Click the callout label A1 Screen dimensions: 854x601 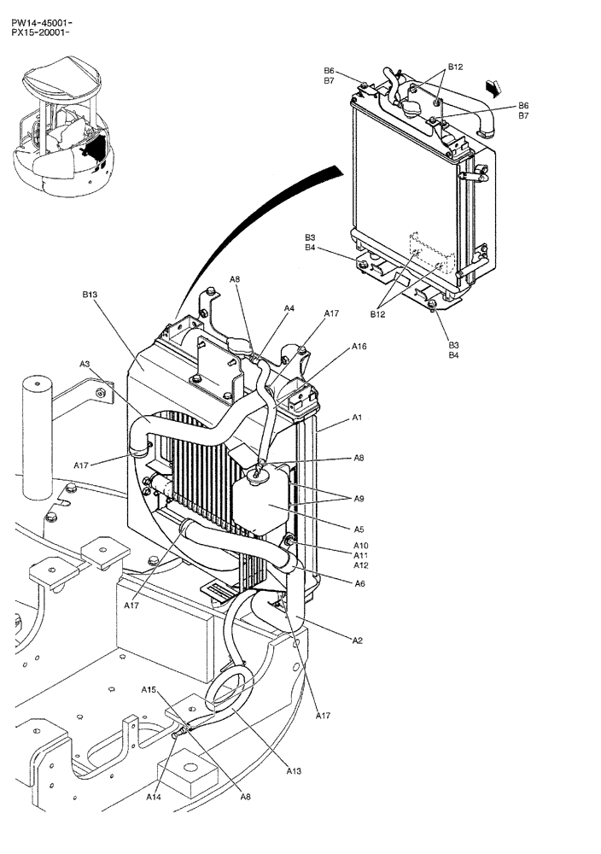[358, 418]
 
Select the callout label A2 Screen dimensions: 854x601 [359, 640]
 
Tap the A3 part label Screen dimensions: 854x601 [85, 364]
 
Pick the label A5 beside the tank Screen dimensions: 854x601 [359, 529]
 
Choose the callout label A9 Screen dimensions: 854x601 [359, 499]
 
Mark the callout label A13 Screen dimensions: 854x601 [294, 771]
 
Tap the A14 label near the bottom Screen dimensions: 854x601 [153, 797]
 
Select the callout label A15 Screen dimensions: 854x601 [149, 689]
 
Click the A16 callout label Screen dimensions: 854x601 [359, 348]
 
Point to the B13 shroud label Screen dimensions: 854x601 [90, 295]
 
